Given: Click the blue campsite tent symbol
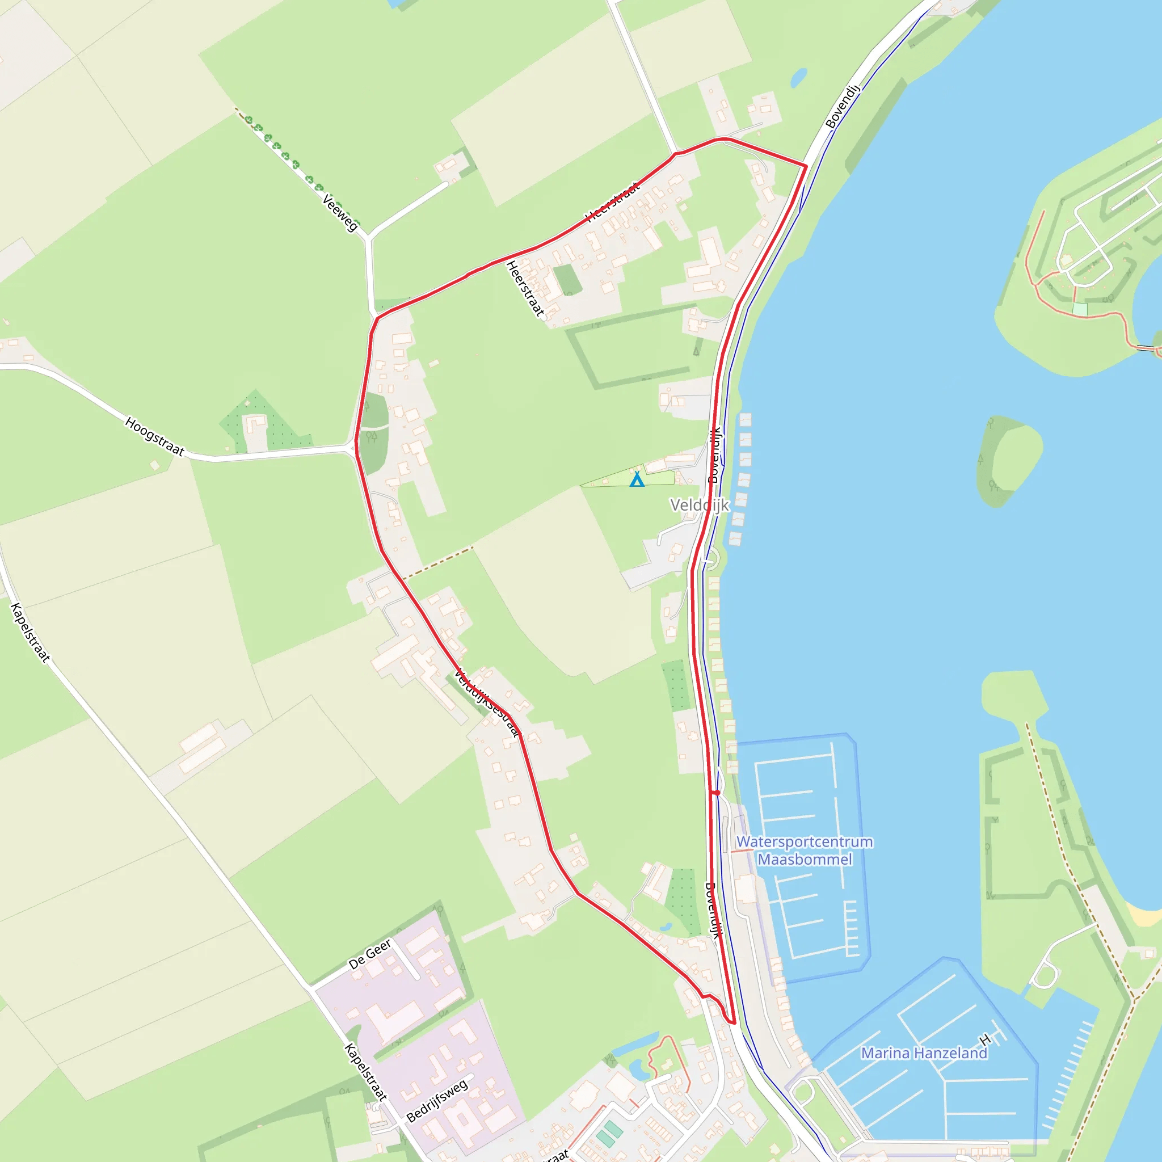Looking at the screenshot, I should click(637, 479).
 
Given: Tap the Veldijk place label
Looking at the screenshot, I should click(700, 505).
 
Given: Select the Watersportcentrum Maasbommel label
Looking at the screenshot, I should click(804, 851).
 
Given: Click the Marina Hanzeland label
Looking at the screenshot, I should click(924, 1053).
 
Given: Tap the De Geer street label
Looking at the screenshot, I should click(369, 954).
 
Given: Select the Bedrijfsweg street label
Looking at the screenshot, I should click(437, 1101).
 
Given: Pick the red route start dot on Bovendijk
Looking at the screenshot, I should click(717, 793).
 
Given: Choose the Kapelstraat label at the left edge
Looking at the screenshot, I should click(30, 632).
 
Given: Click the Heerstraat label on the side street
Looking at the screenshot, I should click(525, 289).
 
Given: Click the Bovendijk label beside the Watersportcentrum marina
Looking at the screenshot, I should click(713, 910).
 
